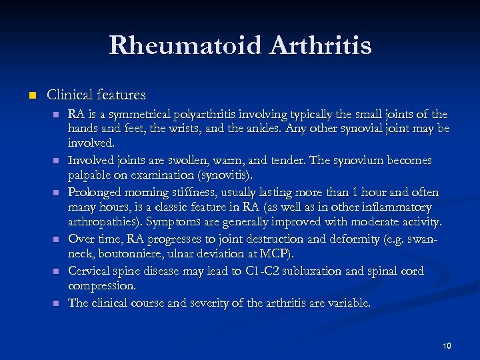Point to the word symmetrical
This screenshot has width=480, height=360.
pyautogui.click(x=142, y=115)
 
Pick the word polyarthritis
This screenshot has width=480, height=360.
pyautogui.click(x=217, y=115)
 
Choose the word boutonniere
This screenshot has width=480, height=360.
pyautogui.click(x=126, y=255)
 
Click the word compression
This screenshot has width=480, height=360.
pyautogui.click(x=101, y=285)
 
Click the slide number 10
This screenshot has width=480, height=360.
pyautogui.click(x=447, y=345)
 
